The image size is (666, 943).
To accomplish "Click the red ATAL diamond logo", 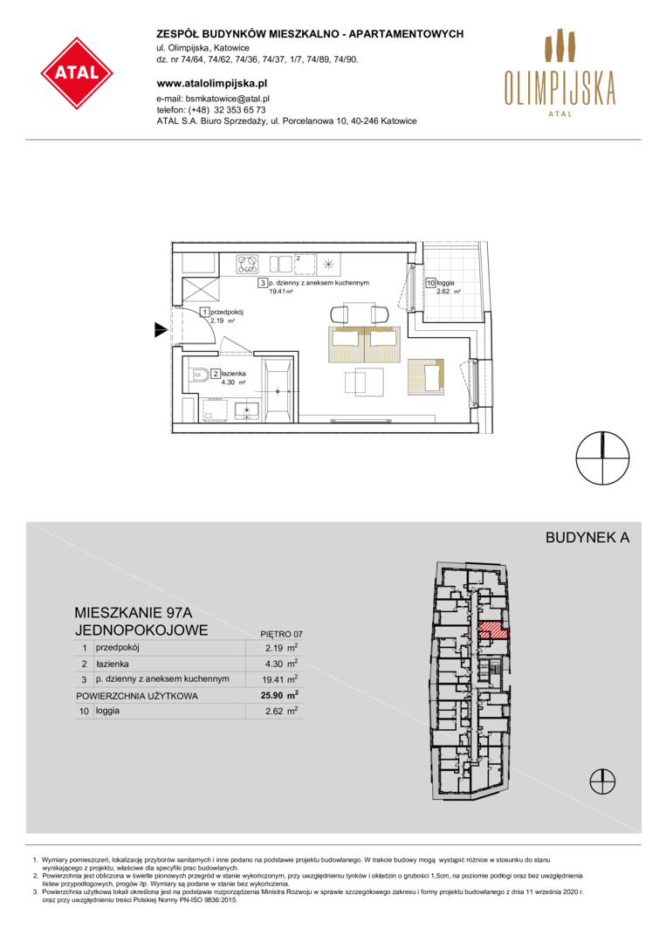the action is click(x=77, y=73).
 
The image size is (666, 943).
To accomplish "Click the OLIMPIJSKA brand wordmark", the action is click(x=560, y=88).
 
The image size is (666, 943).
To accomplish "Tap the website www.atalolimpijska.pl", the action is click(x=211, y=84).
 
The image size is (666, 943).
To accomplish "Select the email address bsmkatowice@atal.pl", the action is click(x=227, y=99).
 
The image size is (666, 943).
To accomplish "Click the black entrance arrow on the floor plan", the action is click(x=161, y=329).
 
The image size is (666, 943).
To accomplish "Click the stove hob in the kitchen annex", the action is click(x=247, y=264).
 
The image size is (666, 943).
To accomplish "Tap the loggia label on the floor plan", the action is click(x=445, y=282).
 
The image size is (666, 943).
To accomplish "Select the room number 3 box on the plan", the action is click(x=263, y=283).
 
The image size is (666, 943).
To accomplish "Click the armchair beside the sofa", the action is click(x=426, y=376).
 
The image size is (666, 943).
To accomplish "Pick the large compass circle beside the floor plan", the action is click(x=603, y=458).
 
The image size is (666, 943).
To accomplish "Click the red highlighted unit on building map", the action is click(x=493, y=630).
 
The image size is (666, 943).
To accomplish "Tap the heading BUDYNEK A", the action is click(x=587, y=538).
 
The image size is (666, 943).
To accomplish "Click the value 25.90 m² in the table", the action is click(x=281, y=695).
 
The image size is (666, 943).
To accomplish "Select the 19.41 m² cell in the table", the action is click(x=281, y=679).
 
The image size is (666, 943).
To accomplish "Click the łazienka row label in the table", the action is click(x=112, y=664).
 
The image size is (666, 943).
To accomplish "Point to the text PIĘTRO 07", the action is click(x=281, y=634).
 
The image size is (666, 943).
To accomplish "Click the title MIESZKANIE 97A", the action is click(x=134, y=613).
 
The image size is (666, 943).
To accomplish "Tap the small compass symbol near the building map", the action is click(x=602, y=781).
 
